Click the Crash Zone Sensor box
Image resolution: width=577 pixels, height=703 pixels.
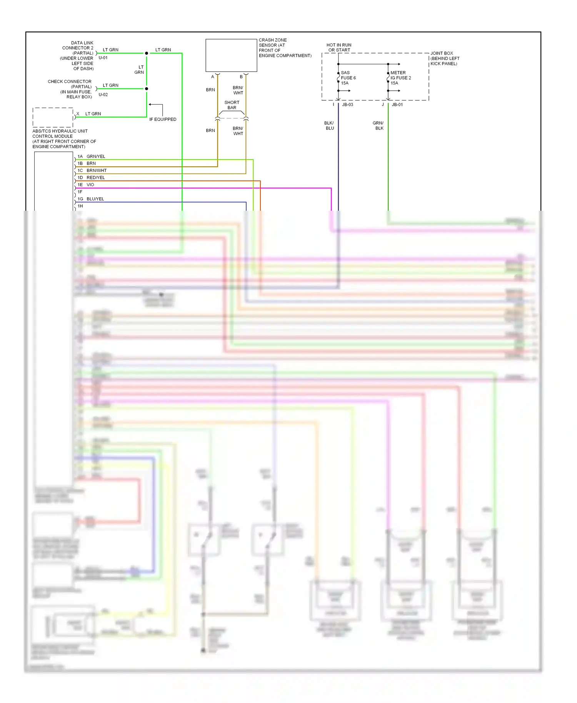pos(231,55)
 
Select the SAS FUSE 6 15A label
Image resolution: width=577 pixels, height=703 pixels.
pos(348,78)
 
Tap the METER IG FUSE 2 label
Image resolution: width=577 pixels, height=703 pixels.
pos(400,78)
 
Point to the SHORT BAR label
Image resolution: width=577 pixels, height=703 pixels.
pos(232,105)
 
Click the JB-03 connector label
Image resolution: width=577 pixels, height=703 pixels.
pos(347,105)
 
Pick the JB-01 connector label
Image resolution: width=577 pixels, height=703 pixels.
pos(397,105)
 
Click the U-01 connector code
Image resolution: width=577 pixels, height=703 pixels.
pos(103,58)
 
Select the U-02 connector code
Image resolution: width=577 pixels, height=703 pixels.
pos(103,95)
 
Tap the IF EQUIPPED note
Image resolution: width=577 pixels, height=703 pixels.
pos(163,119)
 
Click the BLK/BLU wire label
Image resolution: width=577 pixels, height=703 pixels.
pos(329,126)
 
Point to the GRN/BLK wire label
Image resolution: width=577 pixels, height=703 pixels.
pos(379,126)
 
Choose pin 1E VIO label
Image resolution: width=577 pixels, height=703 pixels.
pos(86,185)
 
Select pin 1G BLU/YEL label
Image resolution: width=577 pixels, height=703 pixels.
pos(91,199)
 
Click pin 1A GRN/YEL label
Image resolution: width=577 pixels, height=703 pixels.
pos(92,157)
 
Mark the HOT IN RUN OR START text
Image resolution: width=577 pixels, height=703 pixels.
pos(339,48)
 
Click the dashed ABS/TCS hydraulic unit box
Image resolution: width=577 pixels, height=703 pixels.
pos(53,117)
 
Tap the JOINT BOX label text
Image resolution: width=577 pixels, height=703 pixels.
pos(445,58)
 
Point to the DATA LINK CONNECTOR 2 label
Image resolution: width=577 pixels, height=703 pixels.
pos(78,55)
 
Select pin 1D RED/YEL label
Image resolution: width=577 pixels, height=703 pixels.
pos(91,178)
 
